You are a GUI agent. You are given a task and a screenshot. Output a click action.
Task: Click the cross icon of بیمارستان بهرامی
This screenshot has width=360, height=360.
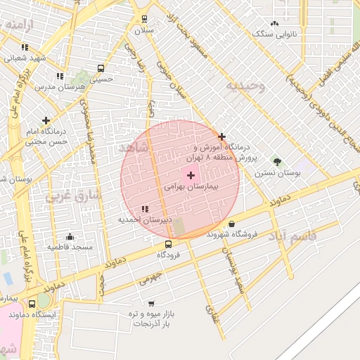pos(191,174)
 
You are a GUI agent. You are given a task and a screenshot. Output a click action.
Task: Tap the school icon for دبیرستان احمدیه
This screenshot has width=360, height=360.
pos(145,209)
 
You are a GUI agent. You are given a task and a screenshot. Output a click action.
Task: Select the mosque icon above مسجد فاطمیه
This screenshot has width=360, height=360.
pos(70,236)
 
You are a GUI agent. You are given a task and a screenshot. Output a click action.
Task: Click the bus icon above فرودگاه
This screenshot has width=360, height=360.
pos(167,244)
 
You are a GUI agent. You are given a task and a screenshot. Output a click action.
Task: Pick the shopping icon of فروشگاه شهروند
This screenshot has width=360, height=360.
pos(231,224)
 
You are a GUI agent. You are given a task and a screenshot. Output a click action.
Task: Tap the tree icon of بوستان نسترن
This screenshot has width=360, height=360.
pos(276,161)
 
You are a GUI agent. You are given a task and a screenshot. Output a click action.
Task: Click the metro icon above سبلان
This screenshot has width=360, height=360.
pos(144,19)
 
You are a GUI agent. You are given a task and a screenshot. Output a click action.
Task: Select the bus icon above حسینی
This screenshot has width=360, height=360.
pos(101,69)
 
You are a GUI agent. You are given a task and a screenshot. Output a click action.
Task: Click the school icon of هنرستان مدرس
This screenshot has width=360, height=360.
pos(60,76)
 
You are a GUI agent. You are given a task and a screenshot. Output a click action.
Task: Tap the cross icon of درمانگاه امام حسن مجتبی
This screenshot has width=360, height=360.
pos(46,120)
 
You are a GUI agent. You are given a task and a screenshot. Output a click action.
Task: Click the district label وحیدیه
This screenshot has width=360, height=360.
pos(245,86)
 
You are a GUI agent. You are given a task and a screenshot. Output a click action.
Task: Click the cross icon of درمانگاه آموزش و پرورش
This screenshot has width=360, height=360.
pos(222,136)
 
